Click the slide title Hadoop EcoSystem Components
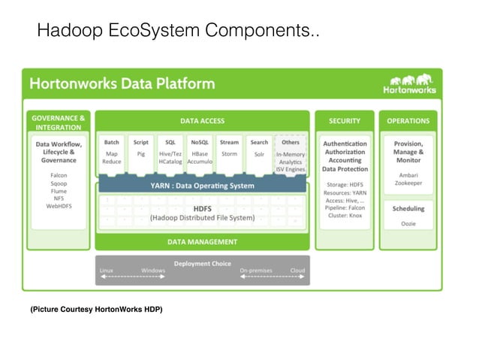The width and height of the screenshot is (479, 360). (x=177, y=31)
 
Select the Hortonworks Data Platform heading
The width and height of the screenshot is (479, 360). (x=122, y=83)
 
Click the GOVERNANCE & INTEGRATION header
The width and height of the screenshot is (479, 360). (x=59, y=122)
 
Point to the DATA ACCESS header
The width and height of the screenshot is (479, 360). (x=202, y=120)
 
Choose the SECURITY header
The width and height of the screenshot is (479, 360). (x=345, y=120)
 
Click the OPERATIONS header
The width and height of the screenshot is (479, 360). (x=408, y=120)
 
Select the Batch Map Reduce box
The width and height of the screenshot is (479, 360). (x=111, y=153)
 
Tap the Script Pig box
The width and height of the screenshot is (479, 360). (x=140, y=153)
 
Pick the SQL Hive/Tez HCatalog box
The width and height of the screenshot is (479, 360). (x=170, y=153)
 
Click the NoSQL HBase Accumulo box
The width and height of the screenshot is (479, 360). (x=200, y=153)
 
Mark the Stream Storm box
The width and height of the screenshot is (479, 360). (x=229, y=153)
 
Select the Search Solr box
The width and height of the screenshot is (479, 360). (x=259, y=153)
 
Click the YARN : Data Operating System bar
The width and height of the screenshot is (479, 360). (x=202, y=185)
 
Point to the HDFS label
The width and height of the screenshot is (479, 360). (x=202, y=208)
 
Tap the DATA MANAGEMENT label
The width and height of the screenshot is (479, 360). (x=202, y=242)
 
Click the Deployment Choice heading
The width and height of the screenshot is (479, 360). (x=202, y=263)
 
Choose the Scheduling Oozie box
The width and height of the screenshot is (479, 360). (x=408, y=215)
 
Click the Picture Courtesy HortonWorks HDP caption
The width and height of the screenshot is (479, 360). (x=96, y=310)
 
